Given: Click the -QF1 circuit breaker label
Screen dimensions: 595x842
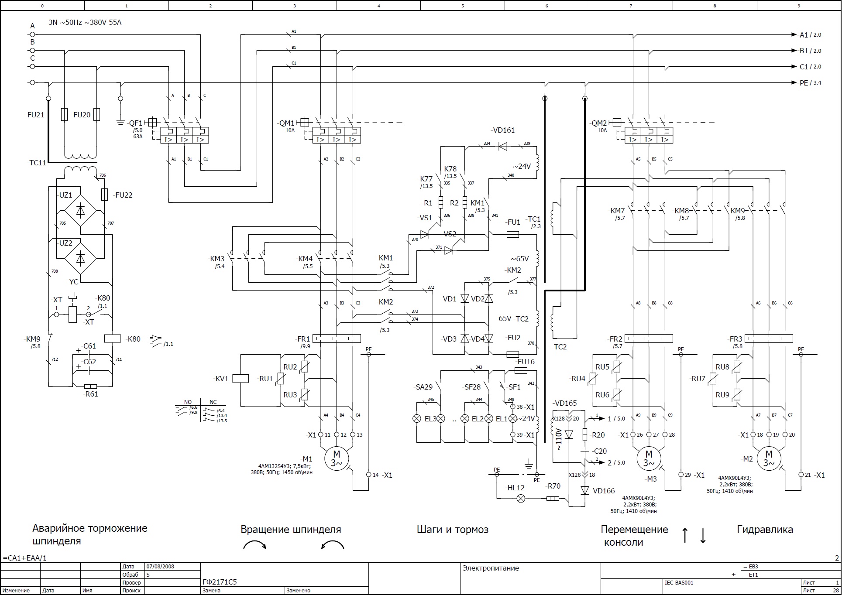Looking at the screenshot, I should (x=135, y=123).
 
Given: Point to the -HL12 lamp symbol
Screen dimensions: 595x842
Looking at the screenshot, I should (x=521, y=499).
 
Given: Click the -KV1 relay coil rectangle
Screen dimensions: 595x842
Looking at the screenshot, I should (x=241, y=379).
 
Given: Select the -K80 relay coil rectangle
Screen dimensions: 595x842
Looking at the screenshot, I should (x=113, y=339).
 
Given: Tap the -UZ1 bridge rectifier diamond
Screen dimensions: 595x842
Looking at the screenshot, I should (x=80, y=211).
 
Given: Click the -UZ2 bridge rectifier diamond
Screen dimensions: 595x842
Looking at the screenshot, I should (x=80, y=259).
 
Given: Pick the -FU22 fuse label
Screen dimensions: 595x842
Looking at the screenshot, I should (x=123, y=195).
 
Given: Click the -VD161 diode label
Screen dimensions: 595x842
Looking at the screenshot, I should (x=502, y=130).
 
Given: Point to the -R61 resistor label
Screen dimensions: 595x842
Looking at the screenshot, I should (x=90, y=394).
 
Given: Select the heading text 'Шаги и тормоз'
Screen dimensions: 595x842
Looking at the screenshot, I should (x=452, y=530).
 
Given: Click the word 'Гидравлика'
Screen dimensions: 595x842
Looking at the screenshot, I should (x=765, y=530).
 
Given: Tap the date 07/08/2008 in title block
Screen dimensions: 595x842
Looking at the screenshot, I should (x=160, y=567).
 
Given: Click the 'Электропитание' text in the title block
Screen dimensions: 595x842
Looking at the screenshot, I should (x=491, y=568).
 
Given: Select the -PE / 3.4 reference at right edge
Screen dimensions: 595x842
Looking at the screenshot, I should (x=810, y=82).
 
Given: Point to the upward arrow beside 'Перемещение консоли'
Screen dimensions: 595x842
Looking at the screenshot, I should (x=685, y=535).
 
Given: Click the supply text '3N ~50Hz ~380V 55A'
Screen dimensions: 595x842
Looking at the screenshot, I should (x=85, y=22).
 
